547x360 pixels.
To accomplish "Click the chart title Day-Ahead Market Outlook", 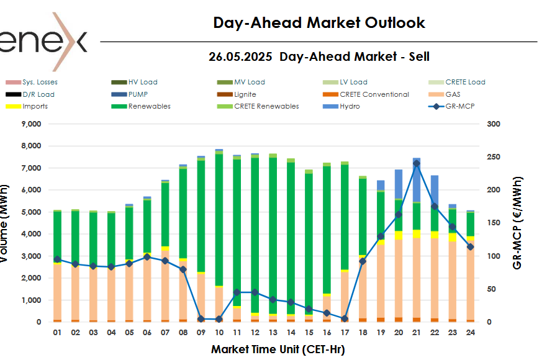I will [x=319, y=23].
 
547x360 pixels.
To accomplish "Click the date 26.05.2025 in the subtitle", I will [x=240, y=56].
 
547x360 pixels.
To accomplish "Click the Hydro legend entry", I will [x=350, y=106].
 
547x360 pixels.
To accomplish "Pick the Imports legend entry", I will [x=35, y=106].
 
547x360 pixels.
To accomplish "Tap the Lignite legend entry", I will [x=245, y=94].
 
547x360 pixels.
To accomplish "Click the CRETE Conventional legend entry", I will [x=374, y=94].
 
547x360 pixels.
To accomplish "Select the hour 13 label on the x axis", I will [x=273, y=333].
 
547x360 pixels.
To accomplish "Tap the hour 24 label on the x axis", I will [x=471, y=333].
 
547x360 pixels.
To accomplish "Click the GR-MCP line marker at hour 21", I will [x=417, y=163].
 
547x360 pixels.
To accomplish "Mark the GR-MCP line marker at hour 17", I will [x=345, y=318].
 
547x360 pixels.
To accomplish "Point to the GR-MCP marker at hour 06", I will [x=147, y=257].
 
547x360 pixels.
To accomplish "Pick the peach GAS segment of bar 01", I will [x=57, y=292].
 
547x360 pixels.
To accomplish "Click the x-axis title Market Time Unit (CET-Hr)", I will [x=278, y=349].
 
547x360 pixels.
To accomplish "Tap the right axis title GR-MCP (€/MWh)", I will [x=517, y=223].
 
